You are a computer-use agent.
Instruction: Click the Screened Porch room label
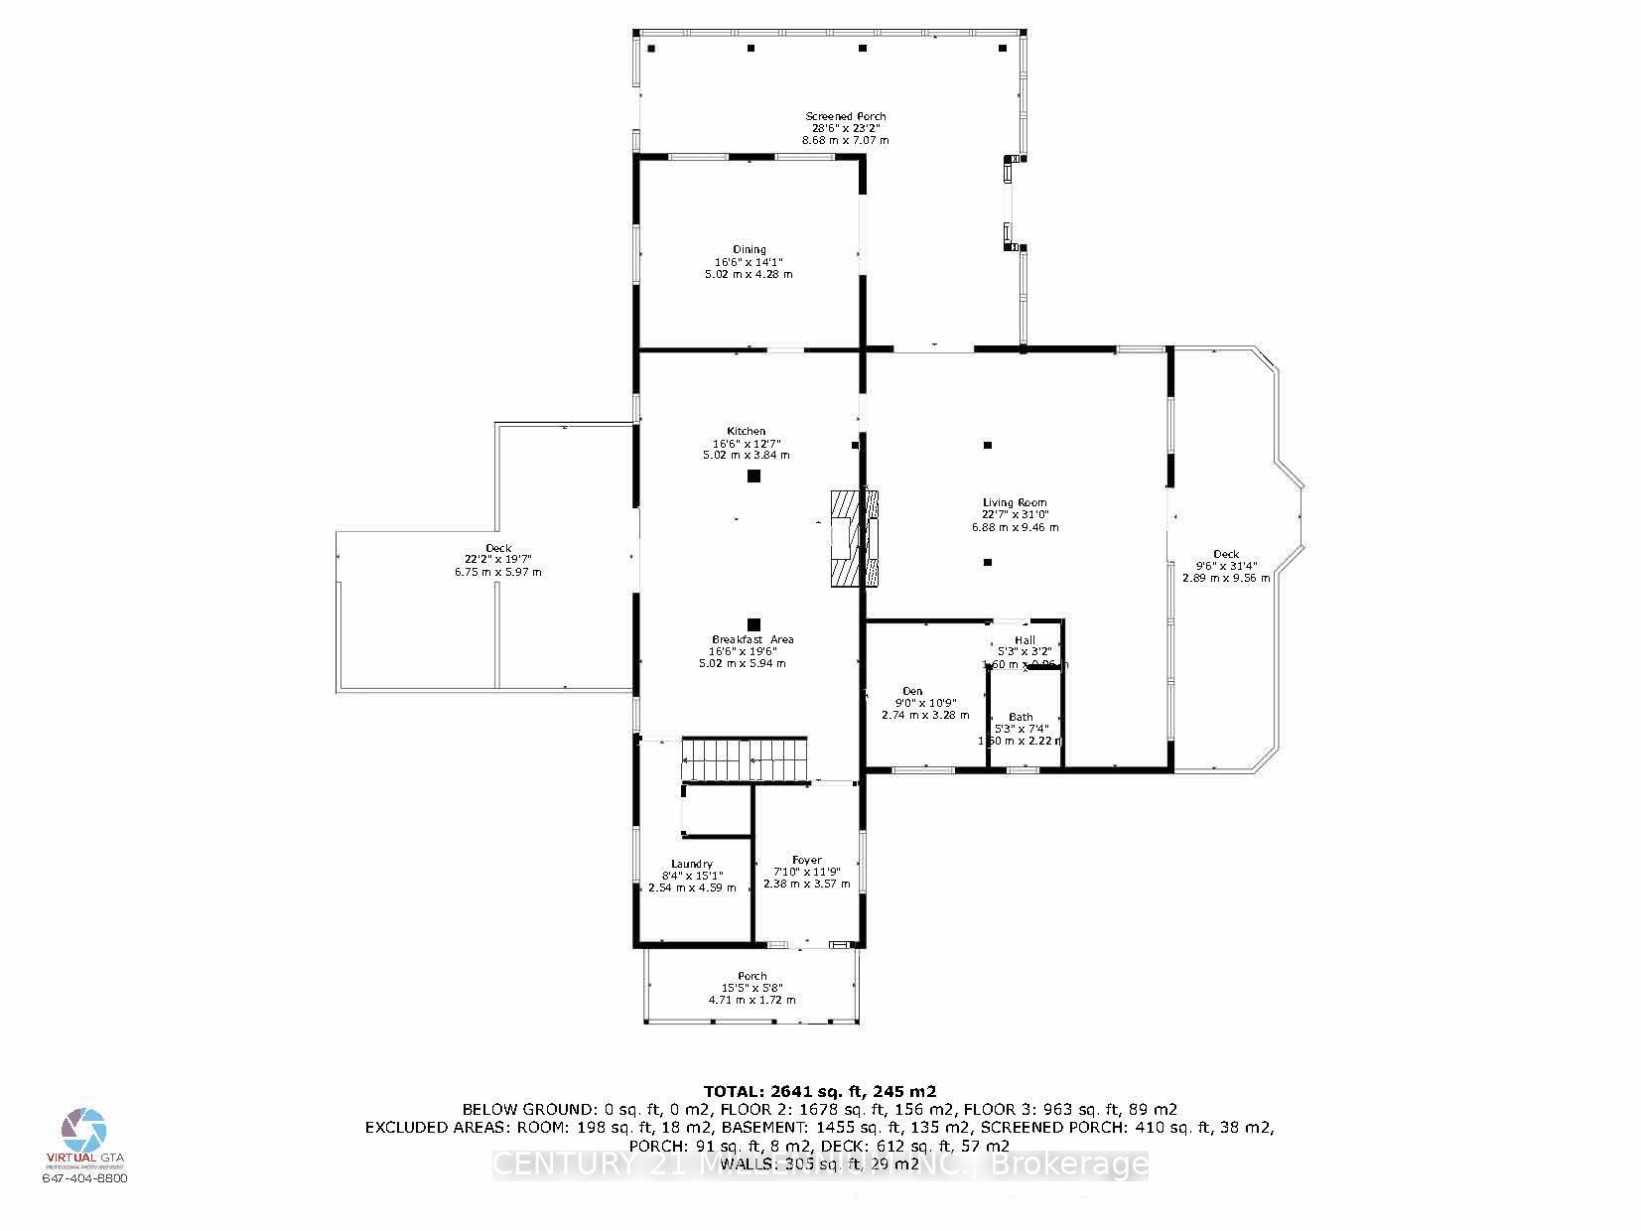[845, 117]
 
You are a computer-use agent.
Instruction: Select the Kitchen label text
[746, 432]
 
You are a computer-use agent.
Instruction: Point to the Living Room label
[1015, 503]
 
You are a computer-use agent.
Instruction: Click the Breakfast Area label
[752, 640]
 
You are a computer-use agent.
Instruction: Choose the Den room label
[912, 691]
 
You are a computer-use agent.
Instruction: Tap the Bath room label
[1021, 717]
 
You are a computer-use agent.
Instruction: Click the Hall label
[1025, 640]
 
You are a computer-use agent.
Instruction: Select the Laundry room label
[692, 865]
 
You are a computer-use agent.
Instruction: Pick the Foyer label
[806, 861]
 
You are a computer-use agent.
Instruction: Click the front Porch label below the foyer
[752, 976]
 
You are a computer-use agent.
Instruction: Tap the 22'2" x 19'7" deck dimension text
[498, 560]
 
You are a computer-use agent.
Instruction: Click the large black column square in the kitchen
[753, 477]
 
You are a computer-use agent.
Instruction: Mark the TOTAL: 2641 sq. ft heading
[820, 1090]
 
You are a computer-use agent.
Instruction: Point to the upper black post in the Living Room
[987, 446]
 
